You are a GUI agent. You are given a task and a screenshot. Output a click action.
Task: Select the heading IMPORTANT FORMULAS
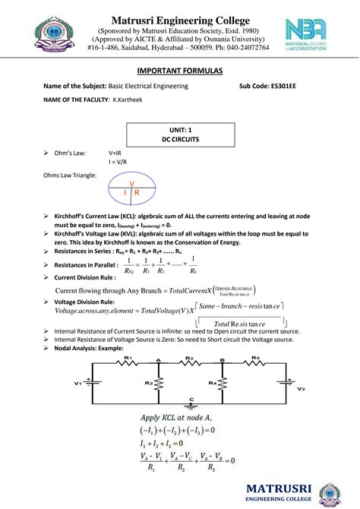[179, 71]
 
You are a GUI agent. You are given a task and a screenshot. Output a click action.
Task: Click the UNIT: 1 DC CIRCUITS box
[179, 136]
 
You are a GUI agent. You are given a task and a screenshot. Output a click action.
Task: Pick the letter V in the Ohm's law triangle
[131, 185]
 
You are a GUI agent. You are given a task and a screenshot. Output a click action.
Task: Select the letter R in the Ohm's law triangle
[137, 194]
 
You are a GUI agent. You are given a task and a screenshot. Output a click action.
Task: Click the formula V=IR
[118, 153]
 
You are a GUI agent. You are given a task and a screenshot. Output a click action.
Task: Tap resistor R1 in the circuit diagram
[129, 364]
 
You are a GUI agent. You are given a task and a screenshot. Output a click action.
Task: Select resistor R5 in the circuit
[257, 364]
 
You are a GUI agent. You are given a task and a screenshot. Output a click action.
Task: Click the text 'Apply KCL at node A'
[182, 418]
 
